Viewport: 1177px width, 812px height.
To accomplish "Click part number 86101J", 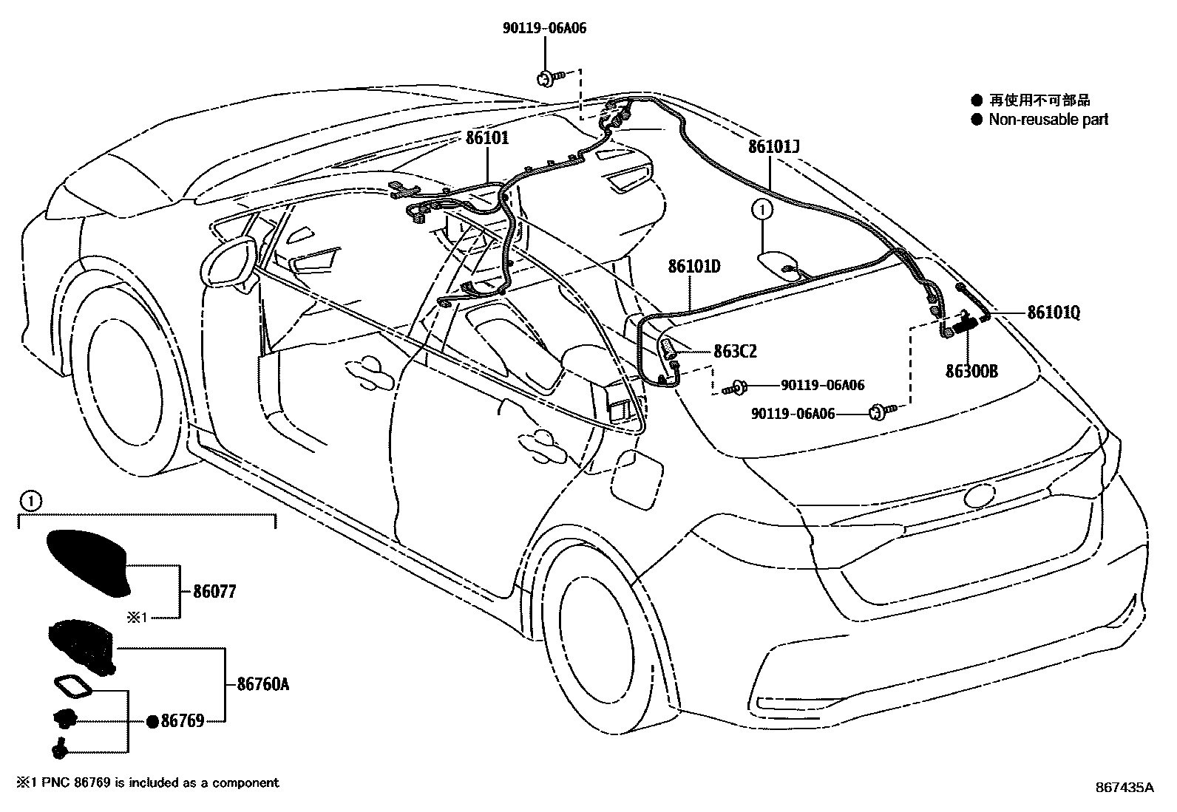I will (x=773, y=146).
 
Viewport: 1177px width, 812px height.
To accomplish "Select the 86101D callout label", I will (x=693, y=266).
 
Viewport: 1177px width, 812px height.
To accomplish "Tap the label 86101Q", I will (x=1053, y=313).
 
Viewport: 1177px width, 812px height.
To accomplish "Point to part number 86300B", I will (x=971, y=371).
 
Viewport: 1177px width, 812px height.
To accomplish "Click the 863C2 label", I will (x=735, y=352).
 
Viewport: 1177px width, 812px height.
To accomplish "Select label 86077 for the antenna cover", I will (x=214, y=592).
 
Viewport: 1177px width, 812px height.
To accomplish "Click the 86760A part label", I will (x=262, y=685).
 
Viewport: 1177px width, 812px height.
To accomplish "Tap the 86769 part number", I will (x=182, y=721).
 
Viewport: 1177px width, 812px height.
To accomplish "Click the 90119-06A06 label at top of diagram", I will (x=546, y=29).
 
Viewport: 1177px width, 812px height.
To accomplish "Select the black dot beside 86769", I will (x=152, y=722).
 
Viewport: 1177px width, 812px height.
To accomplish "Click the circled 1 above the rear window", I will (x=762, y=211).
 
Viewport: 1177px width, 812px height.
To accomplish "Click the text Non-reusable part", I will (x=1048, y=119).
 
